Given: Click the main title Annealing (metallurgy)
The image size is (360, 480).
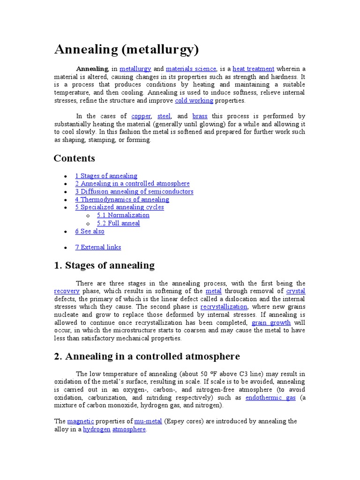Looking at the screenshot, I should (127, 49).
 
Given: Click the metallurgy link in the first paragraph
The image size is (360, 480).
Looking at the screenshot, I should (135, 68).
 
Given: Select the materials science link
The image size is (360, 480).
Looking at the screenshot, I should (191, 68).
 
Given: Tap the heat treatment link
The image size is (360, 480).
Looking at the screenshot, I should (253, 68).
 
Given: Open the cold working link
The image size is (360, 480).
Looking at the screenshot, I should (194, 100).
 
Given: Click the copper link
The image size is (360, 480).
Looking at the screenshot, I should (141, 116).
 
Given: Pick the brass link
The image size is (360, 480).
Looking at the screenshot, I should (200, 116).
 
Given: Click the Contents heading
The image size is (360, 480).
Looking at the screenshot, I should (74, 158).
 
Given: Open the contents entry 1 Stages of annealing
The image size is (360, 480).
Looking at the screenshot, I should (106, 176).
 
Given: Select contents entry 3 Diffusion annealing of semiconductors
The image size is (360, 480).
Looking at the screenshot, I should (134, 191).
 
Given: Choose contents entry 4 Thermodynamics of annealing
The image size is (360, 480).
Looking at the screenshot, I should (122, 199).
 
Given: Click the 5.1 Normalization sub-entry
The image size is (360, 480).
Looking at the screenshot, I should (123, 215).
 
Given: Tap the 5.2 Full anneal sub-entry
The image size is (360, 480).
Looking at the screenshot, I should (118, 223).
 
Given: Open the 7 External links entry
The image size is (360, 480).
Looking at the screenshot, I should (98, 247).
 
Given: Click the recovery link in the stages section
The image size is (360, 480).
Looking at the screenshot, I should (67, 291).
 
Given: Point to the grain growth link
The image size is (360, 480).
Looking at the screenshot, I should (271, 322).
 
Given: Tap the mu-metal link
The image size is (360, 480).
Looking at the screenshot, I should (148, 421).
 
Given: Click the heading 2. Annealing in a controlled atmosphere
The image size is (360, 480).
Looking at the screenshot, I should (147, 356).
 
